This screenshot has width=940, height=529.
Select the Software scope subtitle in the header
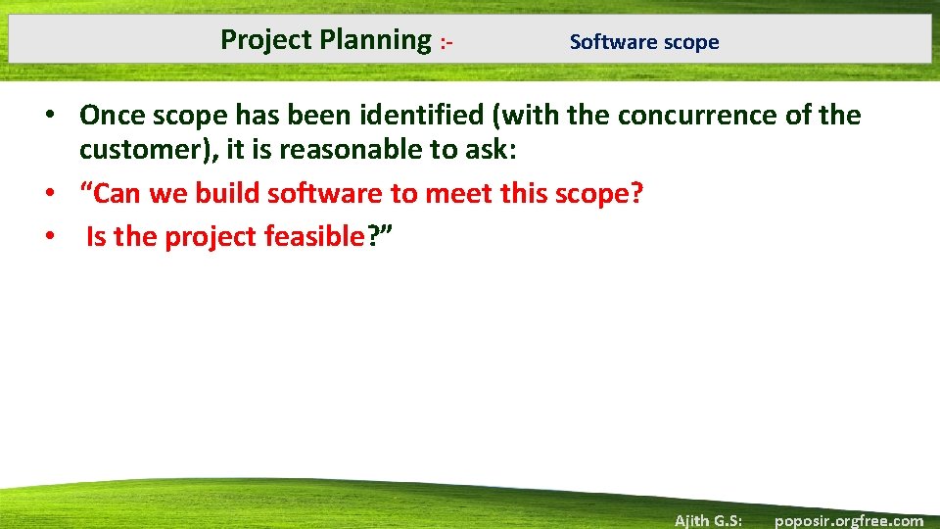[643, 42]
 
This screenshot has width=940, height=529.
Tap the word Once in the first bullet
[113, 116]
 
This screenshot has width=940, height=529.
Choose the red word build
[223, 194]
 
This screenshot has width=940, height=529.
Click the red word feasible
[313, 237]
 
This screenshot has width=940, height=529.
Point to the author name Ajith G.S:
[708, 520]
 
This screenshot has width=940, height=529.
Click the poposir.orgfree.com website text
[848, 520]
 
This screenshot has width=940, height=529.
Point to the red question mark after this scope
[637, 194]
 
